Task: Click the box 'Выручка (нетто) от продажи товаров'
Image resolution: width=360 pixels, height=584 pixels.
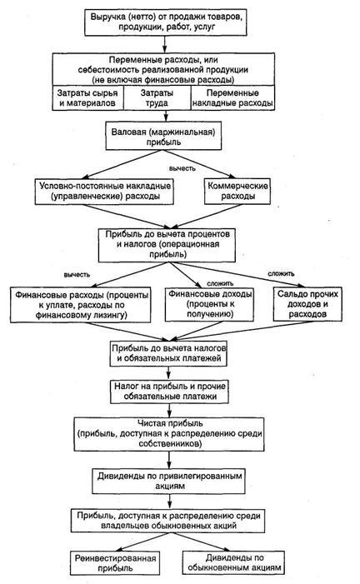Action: [166, 22]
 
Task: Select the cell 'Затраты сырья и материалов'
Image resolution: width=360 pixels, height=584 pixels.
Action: [87, 98]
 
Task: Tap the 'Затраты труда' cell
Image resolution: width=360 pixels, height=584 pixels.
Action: [157, 98]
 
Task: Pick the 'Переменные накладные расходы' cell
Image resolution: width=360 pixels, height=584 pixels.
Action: [233, 98]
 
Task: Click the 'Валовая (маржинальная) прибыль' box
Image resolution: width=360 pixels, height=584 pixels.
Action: [163, 136]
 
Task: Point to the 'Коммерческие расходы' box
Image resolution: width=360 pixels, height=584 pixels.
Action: [237, 191]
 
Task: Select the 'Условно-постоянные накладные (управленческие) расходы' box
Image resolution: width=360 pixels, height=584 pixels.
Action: [104, 191]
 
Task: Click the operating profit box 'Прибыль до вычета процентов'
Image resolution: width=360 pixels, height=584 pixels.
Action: [167, 245]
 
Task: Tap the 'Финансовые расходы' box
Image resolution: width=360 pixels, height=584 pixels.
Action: [81, 305]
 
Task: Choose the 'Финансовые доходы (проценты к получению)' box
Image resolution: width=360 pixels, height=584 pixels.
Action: [210, 304]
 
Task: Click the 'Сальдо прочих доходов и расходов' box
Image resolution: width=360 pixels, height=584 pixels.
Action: [307, 304]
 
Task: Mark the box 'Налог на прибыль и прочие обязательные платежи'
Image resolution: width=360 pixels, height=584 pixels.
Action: [169, 392]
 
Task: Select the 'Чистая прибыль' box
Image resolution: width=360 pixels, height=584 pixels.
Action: [169, 434]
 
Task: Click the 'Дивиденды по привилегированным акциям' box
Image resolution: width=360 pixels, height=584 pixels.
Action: [169, 481]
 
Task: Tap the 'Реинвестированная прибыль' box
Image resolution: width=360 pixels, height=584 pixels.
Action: [115, 563]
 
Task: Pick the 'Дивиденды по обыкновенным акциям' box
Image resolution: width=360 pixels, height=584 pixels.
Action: [233, 563]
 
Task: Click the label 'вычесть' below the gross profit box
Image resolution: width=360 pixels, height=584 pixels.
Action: [182, 168]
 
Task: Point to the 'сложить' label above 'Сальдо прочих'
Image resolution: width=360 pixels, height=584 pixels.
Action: [281, 273]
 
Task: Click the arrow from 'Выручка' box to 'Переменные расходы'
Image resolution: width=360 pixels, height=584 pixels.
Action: [165, 44]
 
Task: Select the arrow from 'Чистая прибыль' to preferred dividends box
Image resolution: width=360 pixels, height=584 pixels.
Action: [169, 460]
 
